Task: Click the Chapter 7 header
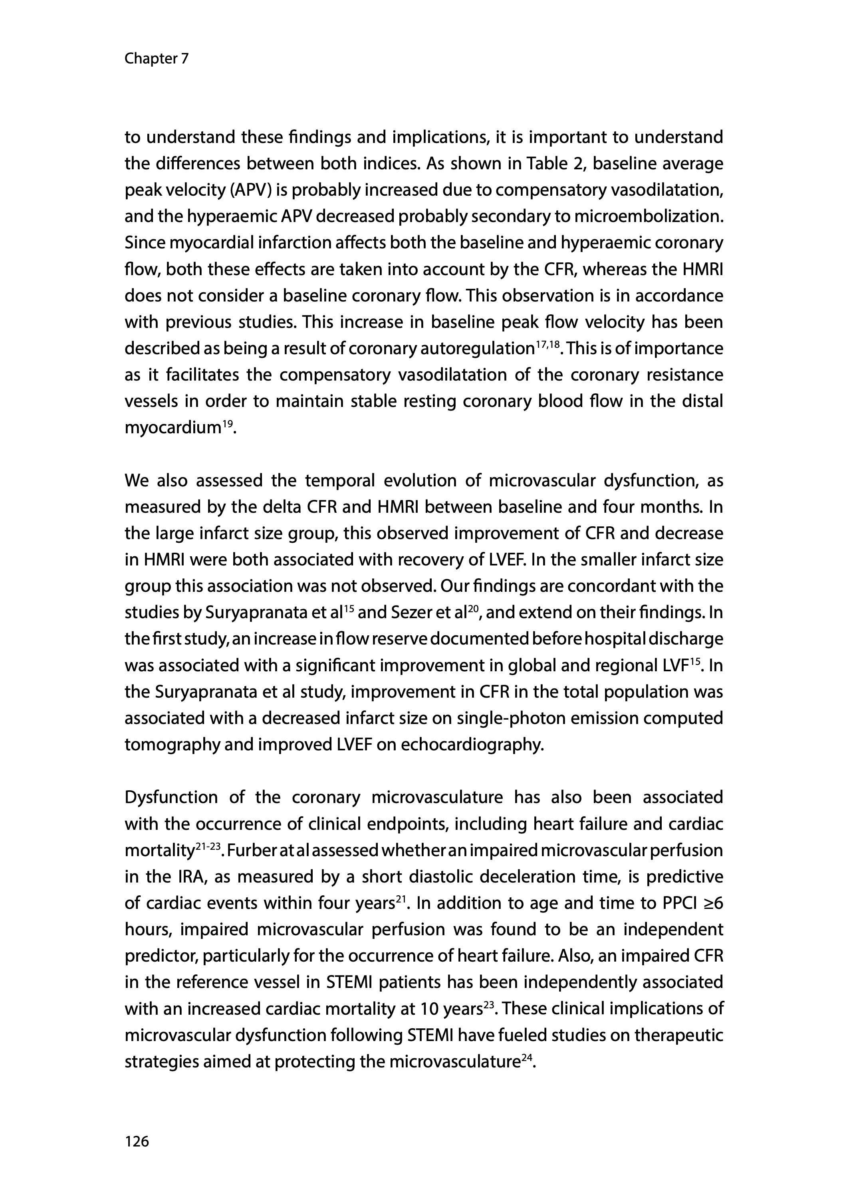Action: click(x=156, y=59)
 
